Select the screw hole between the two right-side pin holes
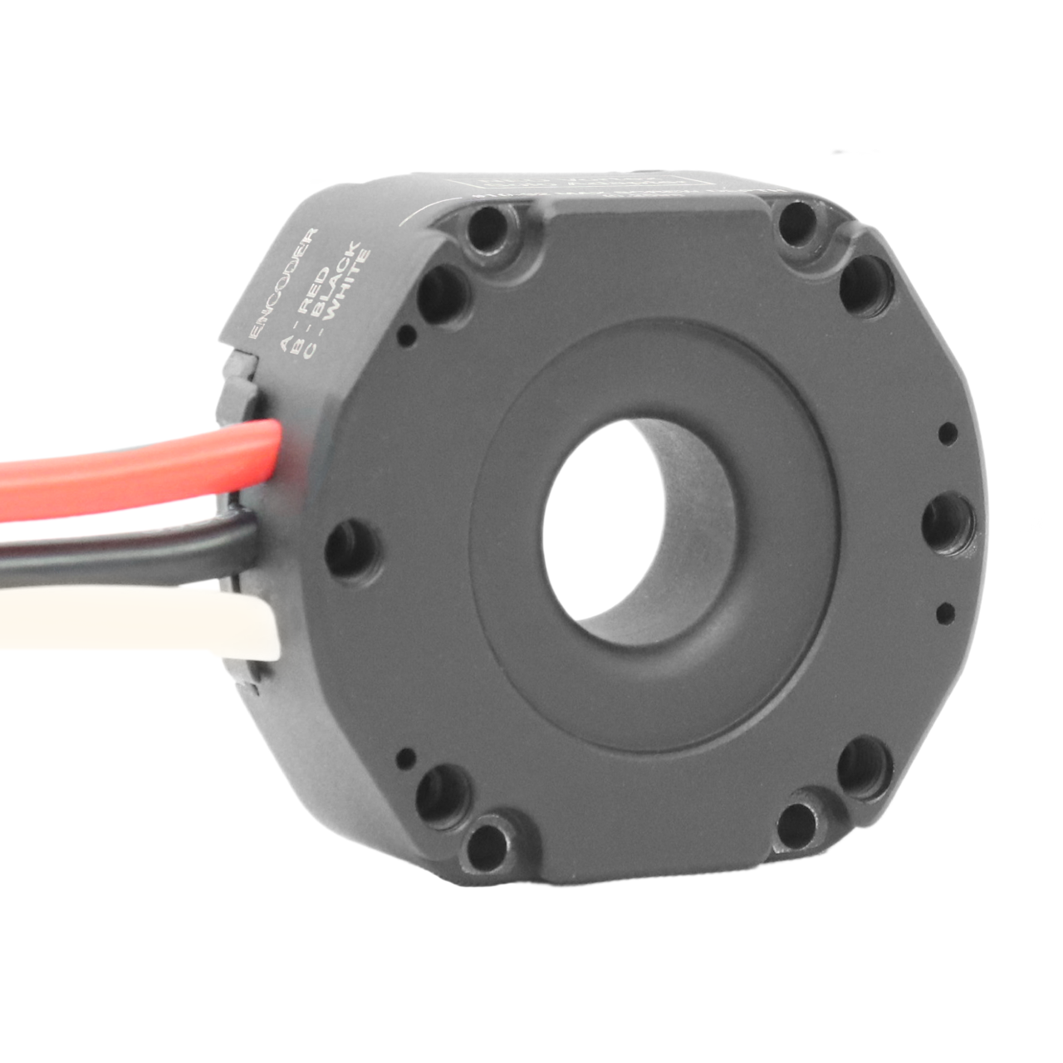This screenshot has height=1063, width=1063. (x=946, y=522)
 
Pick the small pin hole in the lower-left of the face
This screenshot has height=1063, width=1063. (x=406, y=757)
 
